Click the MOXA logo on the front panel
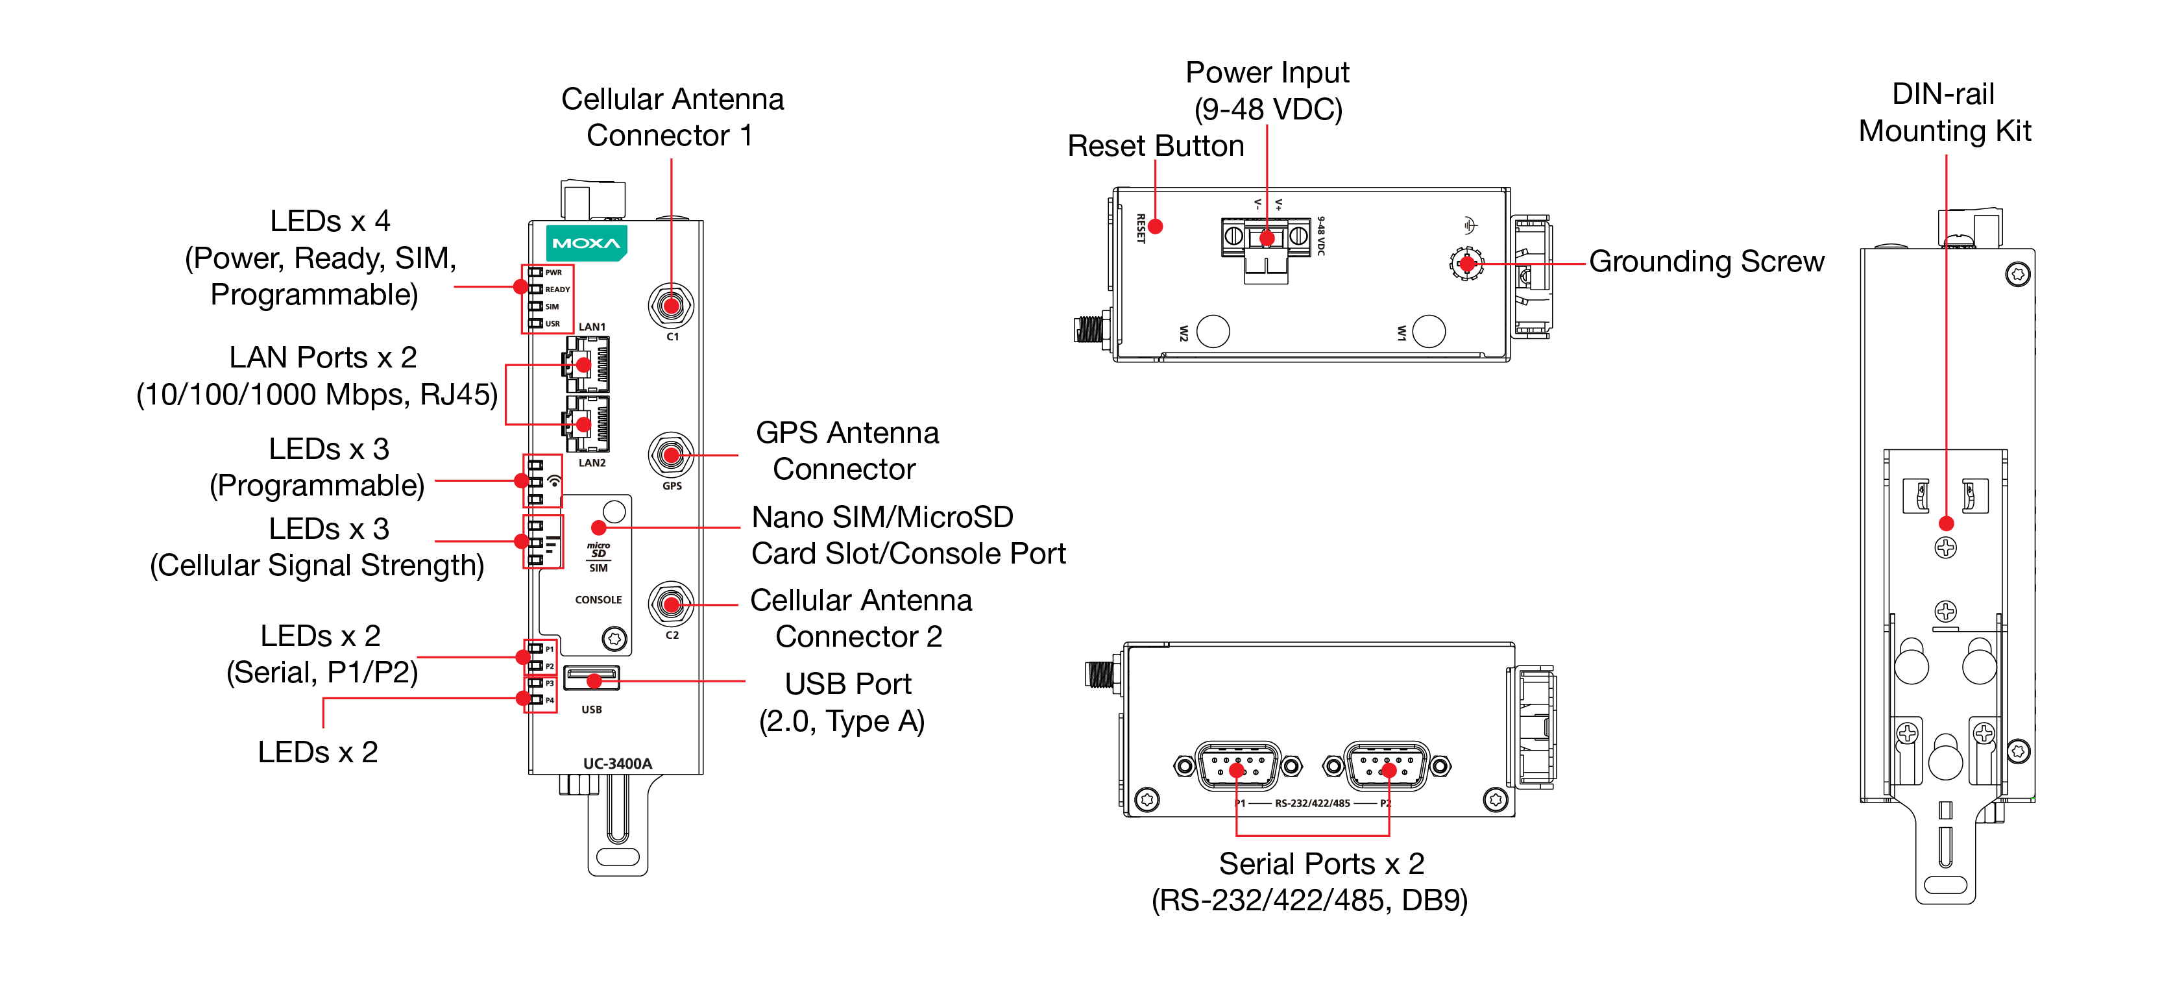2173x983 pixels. coord(587,243)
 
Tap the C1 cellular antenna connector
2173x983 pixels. coord(671,305)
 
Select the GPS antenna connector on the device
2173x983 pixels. coord(671,456)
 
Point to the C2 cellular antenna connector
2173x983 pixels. coord(671,604)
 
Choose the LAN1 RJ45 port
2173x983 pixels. coord(587,364)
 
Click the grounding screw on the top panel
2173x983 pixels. coord(1467,264)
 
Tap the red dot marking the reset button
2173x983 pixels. coord(1156,226)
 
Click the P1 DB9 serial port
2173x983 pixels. coord(1237,767)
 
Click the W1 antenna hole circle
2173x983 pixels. coord(1429,330)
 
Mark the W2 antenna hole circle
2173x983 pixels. coord(1213,330)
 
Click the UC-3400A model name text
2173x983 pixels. coord(618,763)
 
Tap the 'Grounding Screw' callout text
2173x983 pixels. coord(1706,262)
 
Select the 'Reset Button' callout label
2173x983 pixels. coord(1155,146)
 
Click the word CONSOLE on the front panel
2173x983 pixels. coord(598,600)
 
